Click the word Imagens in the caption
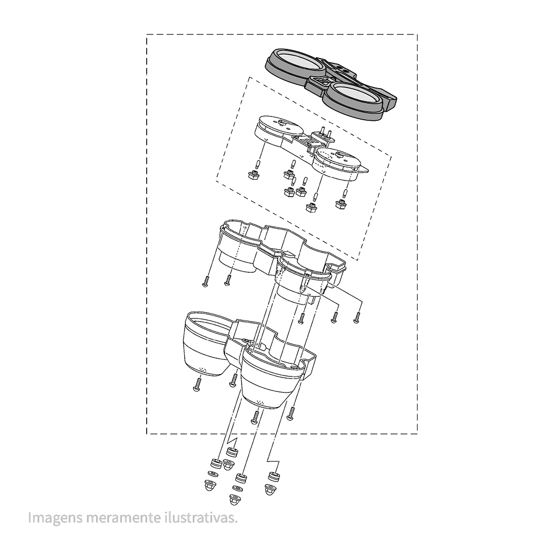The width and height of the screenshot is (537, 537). coord(55,518)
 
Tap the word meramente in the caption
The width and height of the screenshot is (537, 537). coord(121,518)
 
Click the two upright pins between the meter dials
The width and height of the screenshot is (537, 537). coord(326,133)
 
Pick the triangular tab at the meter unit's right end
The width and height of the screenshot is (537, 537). coord(364,169)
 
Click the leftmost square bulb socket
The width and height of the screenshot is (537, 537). coord(254,176)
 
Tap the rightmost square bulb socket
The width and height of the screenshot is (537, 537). coord(341,205)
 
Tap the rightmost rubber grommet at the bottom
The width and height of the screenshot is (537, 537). coord(273,476)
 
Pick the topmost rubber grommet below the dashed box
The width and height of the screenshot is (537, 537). coord(231,452)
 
